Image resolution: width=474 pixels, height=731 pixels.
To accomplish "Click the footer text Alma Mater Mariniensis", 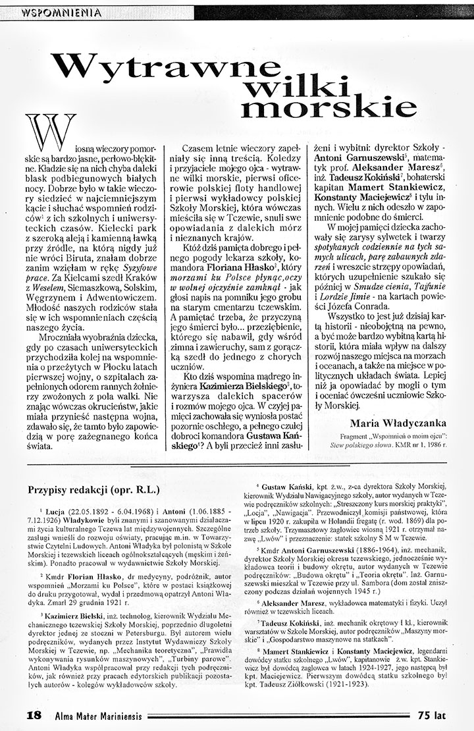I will click(x=95, y=715).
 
